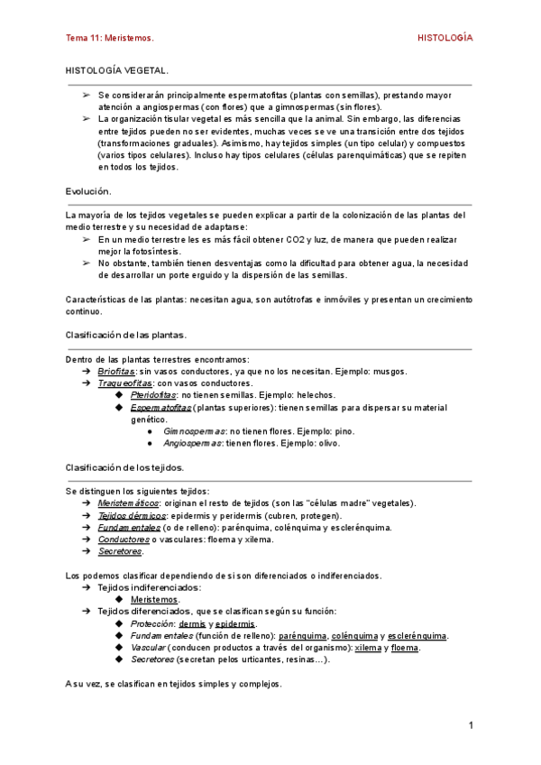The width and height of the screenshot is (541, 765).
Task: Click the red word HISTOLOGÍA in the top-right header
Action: click(x=445, y=39)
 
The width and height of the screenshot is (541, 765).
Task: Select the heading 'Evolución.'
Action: click(x=88, y=191)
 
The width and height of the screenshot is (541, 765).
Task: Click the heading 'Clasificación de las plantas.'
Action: click(x=126, y=335)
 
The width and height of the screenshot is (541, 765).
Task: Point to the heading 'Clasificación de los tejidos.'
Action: click(x=125, y=467)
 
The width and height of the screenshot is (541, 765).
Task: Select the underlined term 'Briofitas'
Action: click(x=116, y=371)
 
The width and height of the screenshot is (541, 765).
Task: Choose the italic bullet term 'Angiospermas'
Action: click(x=194, y=443)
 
